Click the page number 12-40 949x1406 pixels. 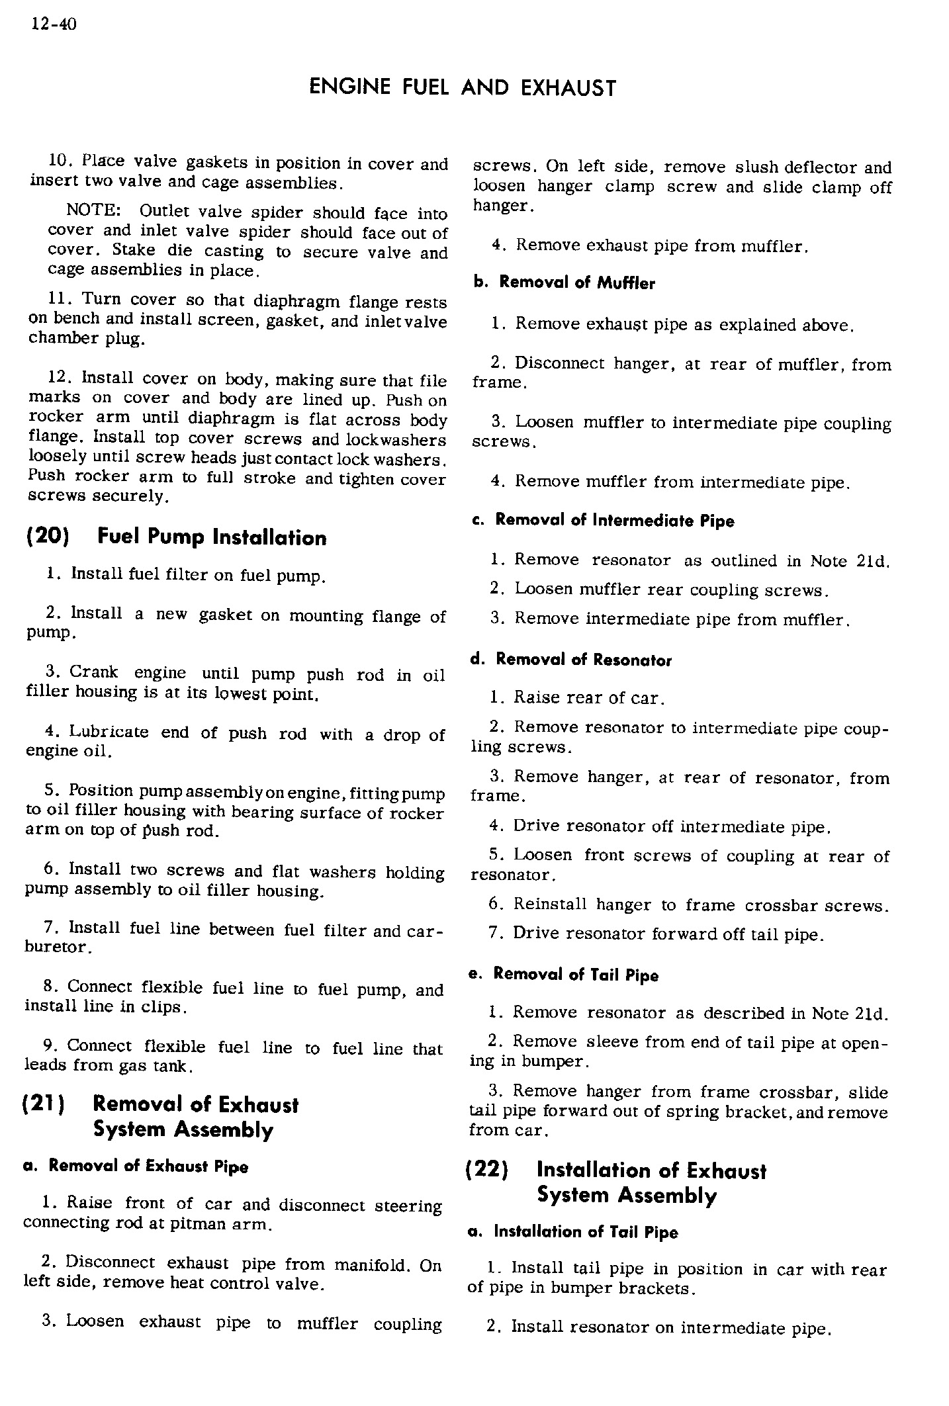(54, 24)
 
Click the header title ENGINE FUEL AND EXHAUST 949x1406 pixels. (463, 88)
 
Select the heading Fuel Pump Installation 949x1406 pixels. (212, 537)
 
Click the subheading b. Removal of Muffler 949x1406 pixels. (564, 283)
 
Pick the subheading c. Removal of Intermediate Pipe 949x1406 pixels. (603, 521)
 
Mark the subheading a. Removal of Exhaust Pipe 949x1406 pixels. (136, 1166)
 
